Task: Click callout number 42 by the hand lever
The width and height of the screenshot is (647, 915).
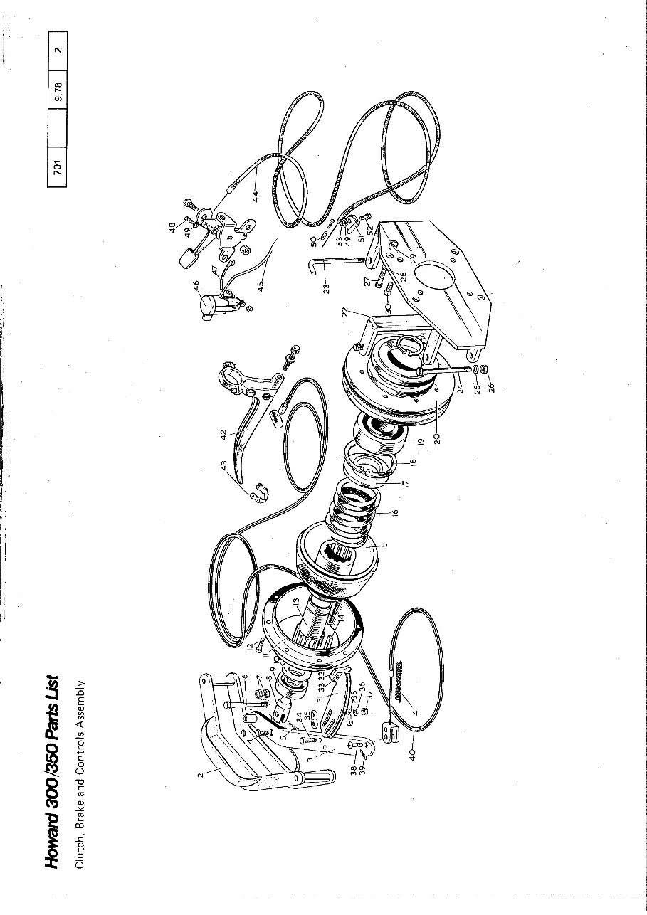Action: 223,434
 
